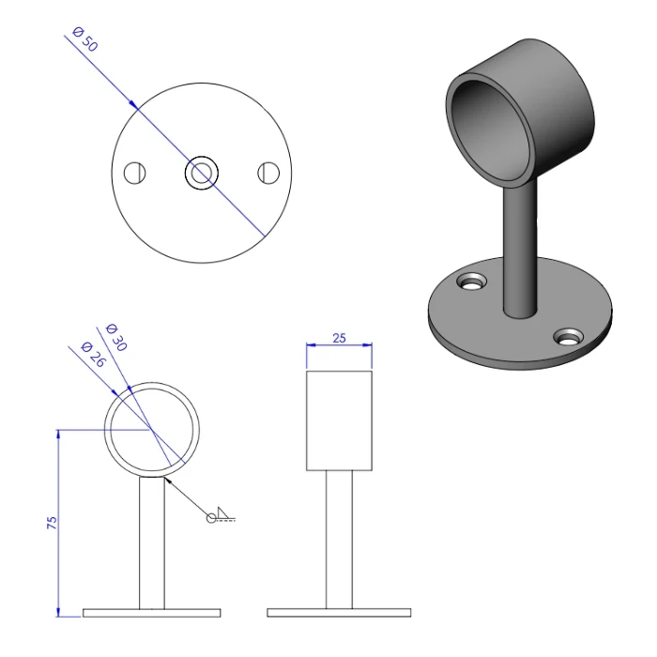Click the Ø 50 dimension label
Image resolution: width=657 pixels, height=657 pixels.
click(83, 42)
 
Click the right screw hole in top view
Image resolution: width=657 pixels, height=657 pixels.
click(268, 173)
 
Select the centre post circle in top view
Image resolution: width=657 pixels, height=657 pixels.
click(202, 173)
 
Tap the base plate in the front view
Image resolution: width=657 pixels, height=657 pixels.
click(152, 612)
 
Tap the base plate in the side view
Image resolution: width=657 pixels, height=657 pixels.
click(339, 612)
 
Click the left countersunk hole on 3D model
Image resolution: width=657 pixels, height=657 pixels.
click(472, 281)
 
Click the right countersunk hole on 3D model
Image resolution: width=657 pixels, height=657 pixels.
click(568, 336)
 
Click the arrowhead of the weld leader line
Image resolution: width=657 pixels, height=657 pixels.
click(166, 478)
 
